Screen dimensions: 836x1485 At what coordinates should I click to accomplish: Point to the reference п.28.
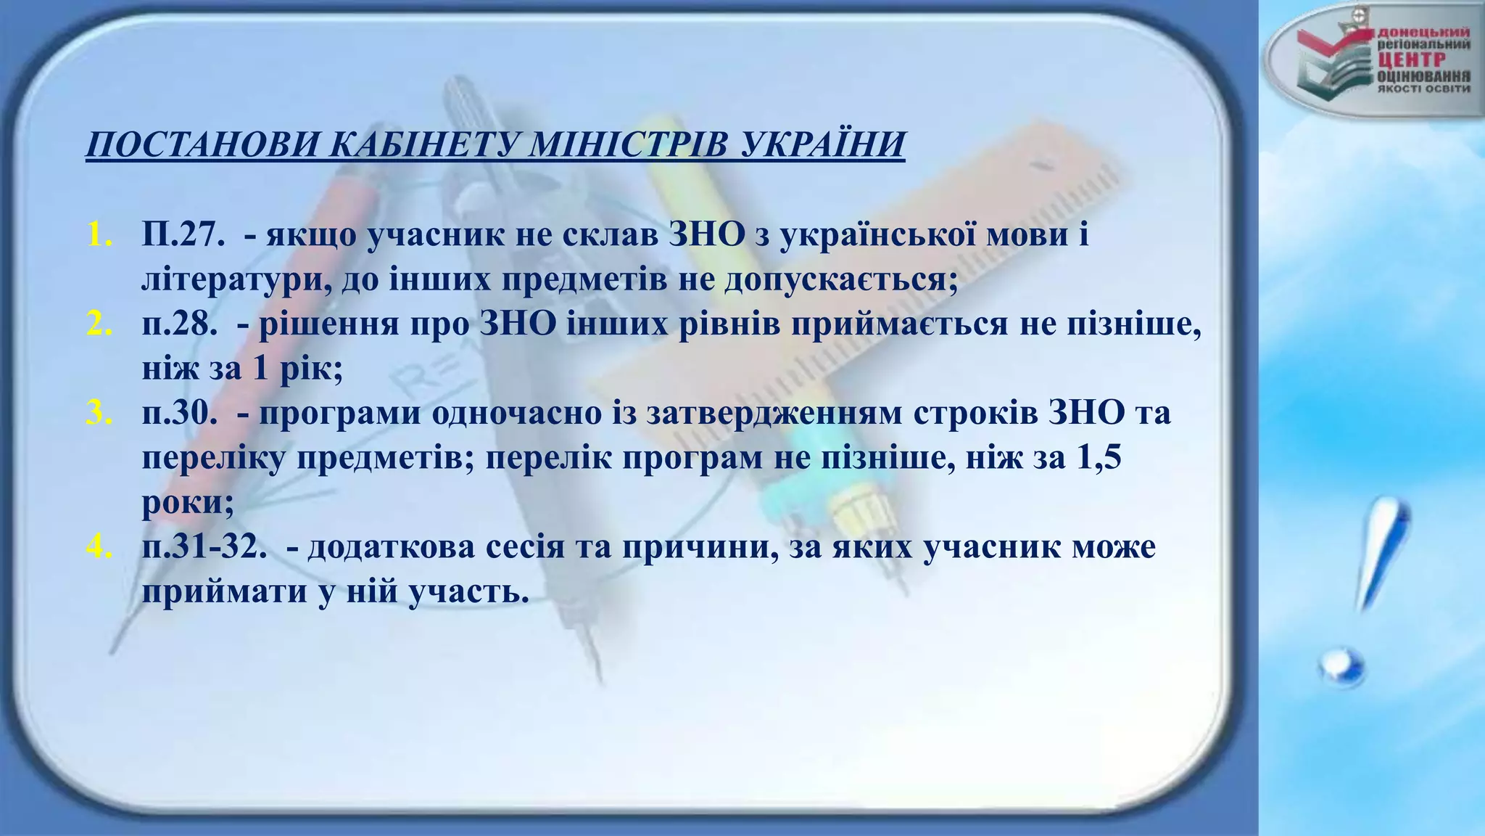[x=181, y=324]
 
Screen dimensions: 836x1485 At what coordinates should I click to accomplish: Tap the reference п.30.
[x=181, y=413]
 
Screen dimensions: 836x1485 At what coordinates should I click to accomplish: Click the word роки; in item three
[x=188, y=502]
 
